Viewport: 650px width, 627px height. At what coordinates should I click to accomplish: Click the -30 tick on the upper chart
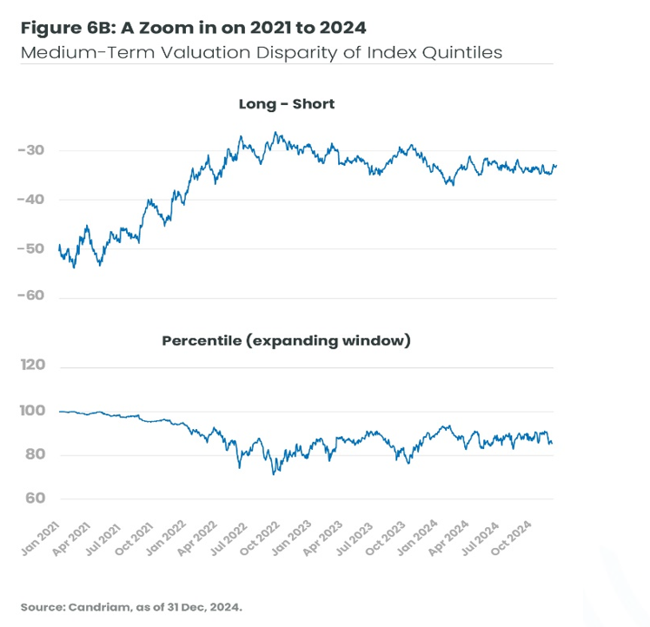(x=30, y=151)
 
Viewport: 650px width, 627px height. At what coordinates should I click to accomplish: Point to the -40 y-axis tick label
(x=30, y=200)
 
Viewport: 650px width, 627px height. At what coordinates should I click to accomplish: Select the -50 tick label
(x=30, y=248)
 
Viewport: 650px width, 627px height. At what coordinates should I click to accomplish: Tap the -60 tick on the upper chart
(x=30, y=297)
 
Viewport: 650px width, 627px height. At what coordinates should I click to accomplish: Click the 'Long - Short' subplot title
(x=287, y=104)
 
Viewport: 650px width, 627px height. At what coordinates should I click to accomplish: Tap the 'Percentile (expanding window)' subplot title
(x=286, y=341)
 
